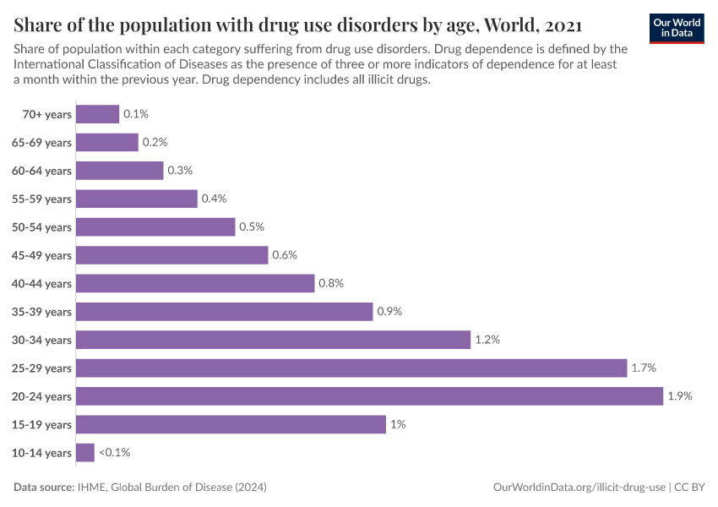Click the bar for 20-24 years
tap(369, 396)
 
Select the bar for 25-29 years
tap(351, 368)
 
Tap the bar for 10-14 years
tap(85, 453)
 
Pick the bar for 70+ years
tap(97, 114)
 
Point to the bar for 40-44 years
tap(195, 283)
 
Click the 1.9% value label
tap(679, 396)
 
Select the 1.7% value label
tap(643, 368)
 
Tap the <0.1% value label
tap(114, 453)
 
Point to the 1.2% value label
tap(487, 340)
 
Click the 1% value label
tap(398, 424)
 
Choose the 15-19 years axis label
tap(41, 424)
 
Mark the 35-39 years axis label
tap(41, 312)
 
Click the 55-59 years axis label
tap(41, 199)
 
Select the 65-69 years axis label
tap(41, 143)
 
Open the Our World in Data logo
tap(676, 27)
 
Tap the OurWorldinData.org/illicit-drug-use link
tap(579, 488)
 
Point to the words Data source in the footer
tap(44, 488)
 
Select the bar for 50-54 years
tap(155, 227)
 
